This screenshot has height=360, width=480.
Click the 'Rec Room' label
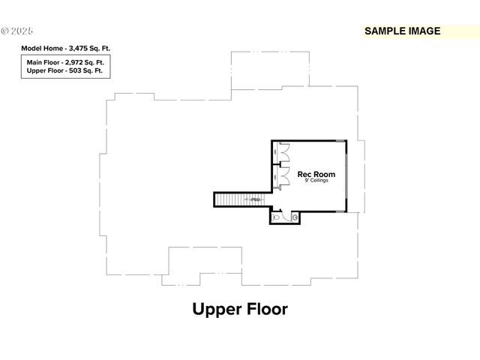click(316, 174)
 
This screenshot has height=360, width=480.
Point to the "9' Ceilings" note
click(316, 181)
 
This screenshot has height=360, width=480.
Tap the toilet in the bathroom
click(277, 217)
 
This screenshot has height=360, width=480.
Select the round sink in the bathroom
click(295, 217)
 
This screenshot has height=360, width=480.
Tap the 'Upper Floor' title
click(240, 309)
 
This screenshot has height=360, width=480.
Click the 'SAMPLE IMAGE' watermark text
click(402, 31)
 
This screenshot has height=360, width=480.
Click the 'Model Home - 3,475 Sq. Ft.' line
click(64, 48)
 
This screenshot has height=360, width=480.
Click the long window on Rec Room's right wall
click(346, 176)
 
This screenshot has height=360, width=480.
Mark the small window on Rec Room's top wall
click(340, 140)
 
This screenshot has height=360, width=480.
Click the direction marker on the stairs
click(255, 199)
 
